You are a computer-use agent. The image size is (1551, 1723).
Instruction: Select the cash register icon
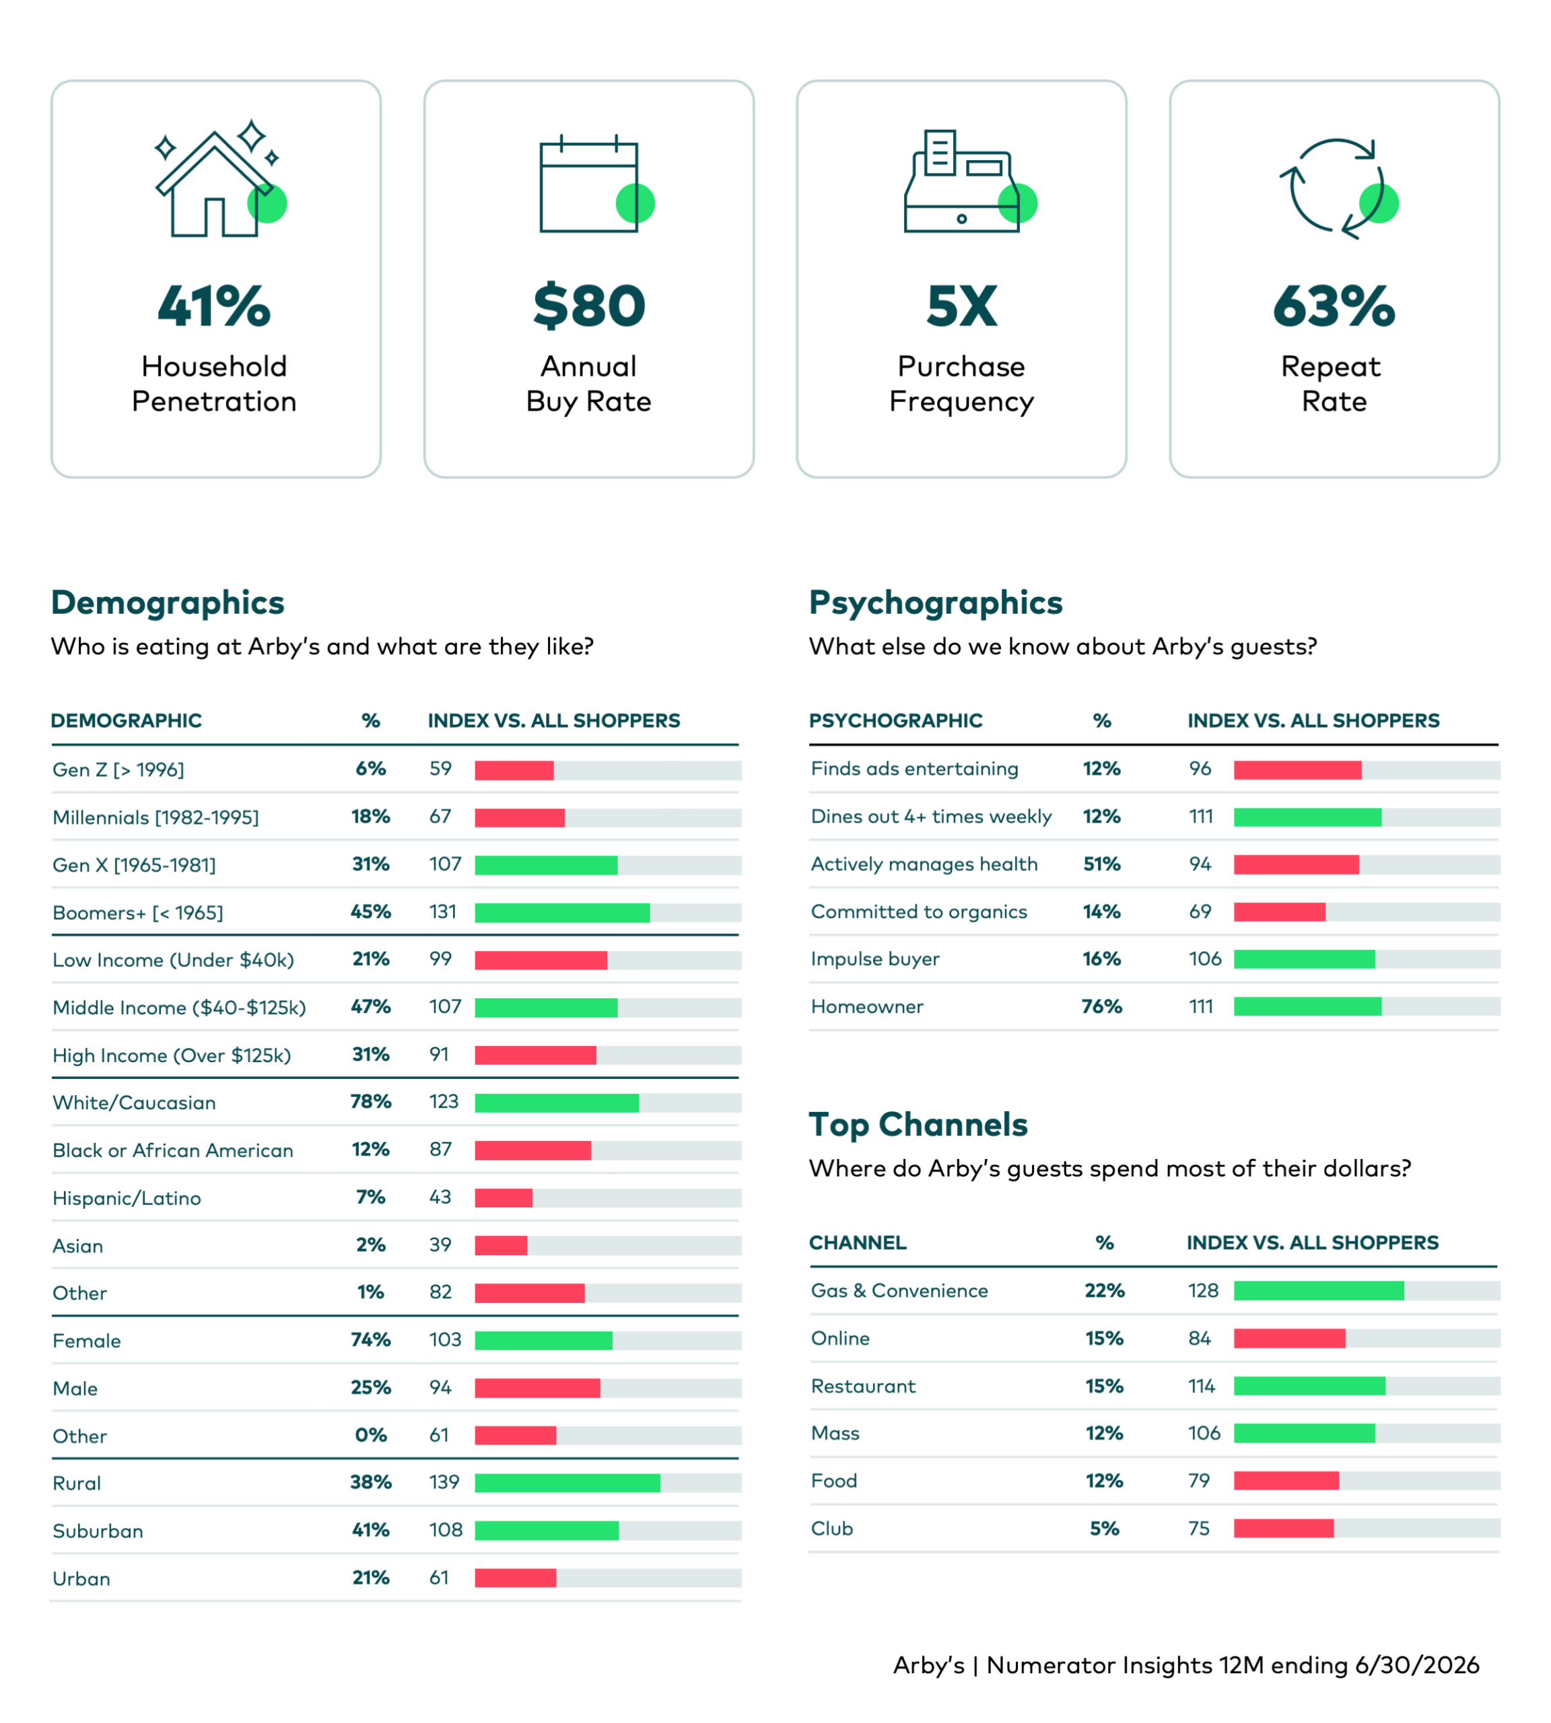point(970,180)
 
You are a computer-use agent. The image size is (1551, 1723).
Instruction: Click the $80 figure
point(589,306)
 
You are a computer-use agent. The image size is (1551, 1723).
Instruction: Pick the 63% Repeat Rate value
point(1334,306)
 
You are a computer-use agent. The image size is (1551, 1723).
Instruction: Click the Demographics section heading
point(168,602)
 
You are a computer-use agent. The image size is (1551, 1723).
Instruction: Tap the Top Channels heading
point(918,1125)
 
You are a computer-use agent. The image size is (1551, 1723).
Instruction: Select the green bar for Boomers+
point(563,913)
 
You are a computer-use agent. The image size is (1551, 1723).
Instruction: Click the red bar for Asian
point(501,1246)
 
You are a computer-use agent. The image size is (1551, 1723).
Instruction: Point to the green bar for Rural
point(567,1483)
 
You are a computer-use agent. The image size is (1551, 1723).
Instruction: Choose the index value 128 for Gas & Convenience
point(1203,1290)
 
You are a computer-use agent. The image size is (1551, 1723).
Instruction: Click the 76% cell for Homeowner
point(1102,1006)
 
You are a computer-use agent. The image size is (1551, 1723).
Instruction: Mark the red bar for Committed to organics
point(1280,912)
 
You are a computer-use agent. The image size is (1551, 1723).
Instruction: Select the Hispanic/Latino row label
point(127,1198)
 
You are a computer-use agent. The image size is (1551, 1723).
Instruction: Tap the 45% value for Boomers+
point(371,912)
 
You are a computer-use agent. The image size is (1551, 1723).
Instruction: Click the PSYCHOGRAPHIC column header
point(895,721)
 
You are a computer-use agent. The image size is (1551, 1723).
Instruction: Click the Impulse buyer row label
point(875,960)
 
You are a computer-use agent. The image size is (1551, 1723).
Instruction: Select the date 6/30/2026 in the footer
point(1417,1665)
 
